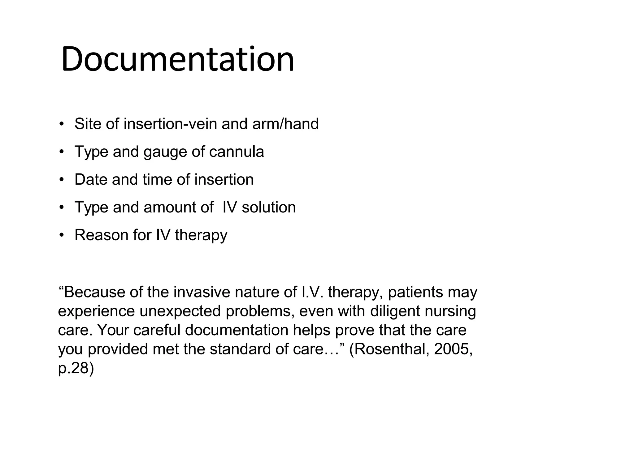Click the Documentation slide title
pos(177,59)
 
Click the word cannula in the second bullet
pos(237,152)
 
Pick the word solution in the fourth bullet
pos(268,208)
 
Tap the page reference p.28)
pos(76,369)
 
